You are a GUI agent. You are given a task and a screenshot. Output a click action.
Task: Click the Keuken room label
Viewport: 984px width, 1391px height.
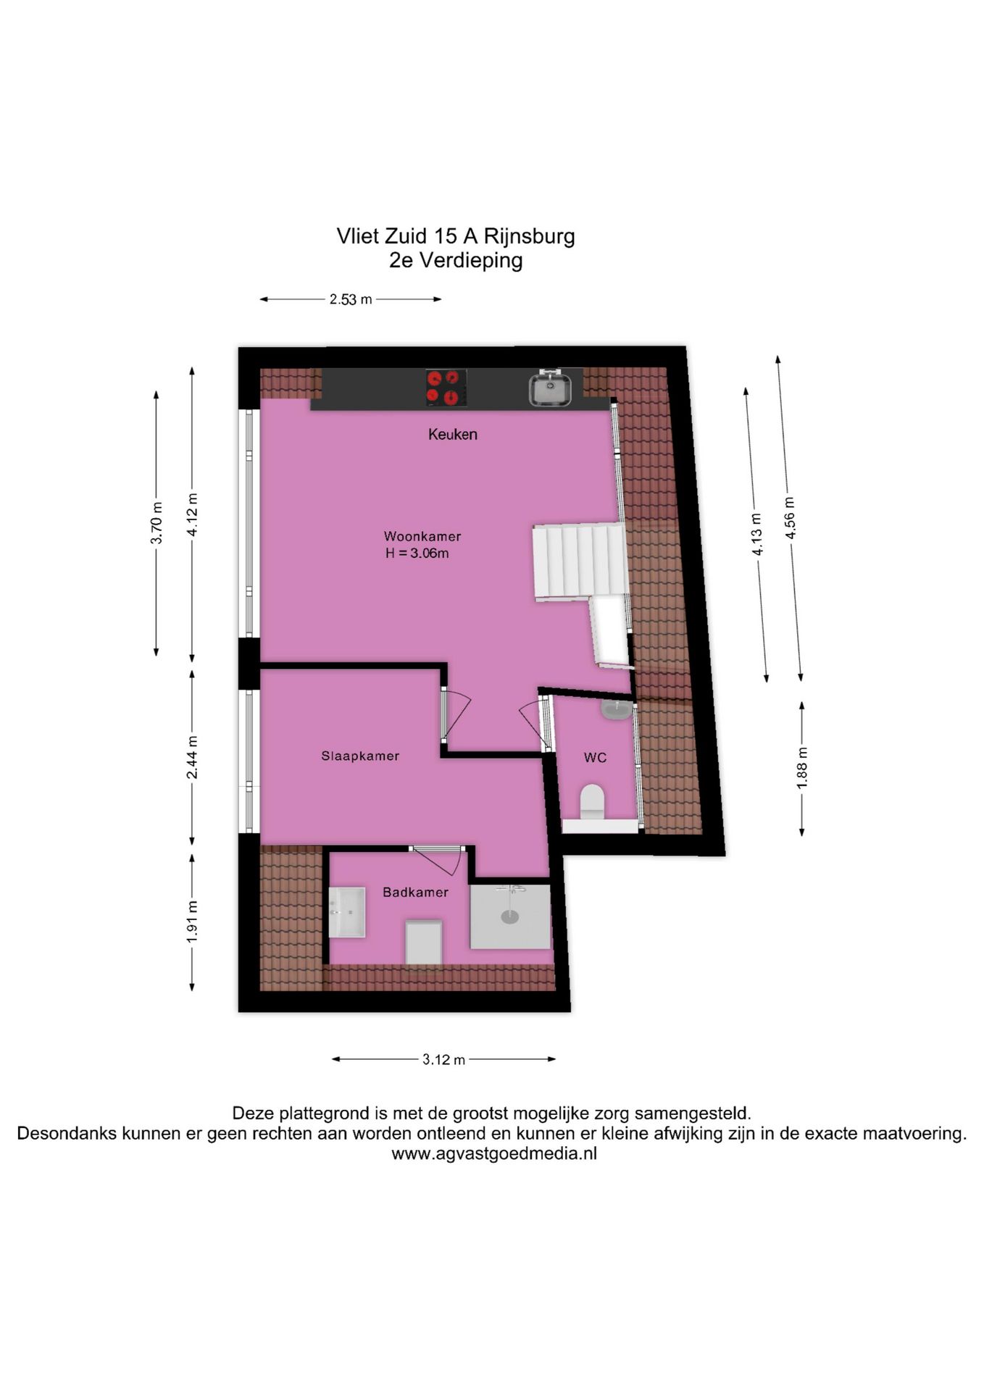(x=452, y=435)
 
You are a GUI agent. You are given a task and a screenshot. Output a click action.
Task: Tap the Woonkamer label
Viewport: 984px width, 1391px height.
(x=422, y=537)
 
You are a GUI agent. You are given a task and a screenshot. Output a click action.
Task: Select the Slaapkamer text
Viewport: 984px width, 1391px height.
(x=360, y=756)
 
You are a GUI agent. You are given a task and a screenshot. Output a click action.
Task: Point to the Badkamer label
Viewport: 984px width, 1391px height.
(x=415, y=893)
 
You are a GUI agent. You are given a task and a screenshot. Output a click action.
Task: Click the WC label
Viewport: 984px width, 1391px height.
(x=595, y=758)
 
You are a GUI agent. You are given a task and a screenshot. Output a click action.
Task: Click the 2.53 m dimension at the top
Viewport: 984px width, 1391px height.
(x=351, y=299)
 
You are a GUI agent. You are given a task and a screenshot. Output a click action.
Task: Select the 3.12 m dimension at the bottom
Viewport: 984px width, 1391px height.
(x=443, y=1060)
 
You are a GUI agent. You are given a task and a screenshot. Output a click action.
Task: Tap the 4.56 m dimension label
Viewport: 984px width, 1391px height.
(x=790, y=518)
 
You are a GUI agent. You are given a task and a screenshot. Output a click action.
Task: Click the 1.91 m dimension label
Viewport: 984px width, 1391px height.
(x=192, y=922)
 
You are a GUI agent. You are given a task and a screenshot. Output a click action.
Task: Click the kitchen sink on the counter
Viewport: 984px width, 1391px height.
(x=551, y=389)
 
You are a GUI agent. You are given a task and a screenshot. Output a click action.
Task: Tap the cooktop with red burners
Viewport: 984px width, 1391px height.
(x=445, y=387)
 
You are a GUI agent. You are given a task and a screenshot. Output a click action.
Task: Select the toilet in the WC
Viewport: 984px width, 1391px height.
(x=592, y=801)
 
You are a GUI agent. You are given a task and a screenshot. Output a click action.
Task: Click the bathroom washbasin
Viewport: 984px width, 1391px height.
(x=347, y=912)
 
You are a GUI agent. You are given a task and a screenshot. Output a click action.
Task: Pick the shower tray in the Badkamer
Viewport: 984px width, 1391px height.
(x=510, y=916)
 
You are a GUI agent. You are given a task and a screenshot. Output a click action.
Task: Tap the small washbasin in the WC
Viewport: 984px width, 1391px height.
(x=616, y=709)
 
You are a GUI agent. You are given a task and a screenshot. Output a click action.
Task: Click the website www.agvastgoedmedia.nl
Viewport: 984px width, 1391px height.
(x=494, y=1154)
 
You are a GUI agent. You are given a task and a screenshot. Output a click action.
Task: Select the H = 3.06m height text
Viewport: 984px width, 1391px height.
(x=417, y=554)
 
